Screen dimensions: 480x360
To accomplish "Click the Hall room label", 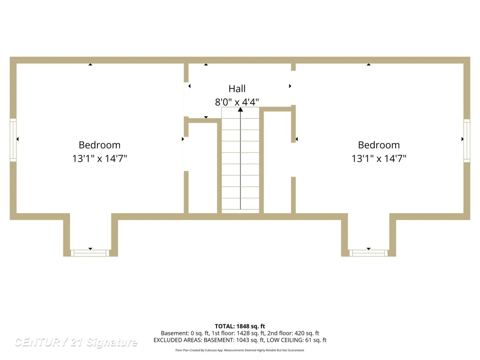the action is pyautogui.click(x=237, y=89).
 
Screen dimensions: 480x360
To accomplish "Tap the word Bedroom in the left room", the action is pyautogui.click(x=99, y=145).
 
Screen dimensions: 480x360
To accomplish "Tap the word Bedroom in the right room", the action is pyautogui.click(x=379, y=145).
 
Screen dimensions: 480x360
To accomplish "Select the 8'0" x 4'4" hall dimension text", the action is pyautogui.click(x=237, y=102).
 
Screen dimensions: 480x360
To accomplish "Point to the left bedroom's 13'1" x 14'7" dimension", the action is pyautogui.click(x=99, y=158).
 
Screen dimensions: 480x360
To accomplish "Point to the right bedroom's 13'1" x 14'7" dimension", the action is pyautogui.click(x=379, y=158).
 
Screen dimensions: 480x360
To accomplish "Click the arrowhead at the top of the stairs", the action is pyautogui.click(x=240, y=109).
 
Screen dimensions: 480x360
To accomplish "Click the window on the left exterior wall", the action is pyautogui.click(x=13, y=140).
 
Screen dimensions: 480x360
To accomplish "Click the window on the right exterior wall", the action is pyautogui.click(x=467, y=141).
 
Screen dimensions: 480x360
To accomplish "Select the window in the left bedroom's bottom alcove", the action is pyautogui.click(x=90, y=253).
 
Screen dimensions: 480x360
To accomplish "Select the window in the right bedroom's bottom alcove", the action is pyautogui.click(x=369, y=253).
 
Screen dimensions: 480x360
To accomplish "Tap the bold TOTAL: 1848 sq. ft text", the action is pyautogui.click(x=240, y=326).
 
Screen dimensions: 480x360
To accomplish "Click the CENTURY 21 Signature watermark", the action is pyautogui.click(x=76, y=342).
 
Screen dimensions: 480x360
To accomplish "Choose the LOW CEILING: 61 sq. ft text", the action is pyautogui.click(x=297, y=340).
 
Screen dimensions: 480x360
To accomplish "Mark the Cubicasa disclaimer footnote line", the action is pyautogui.click(x=240, y=350).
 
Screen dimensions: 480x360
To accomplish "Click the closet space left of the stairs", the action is pyautogui.click(x=203, y=168).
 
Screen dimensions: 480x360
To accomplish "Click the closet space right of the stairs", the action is pyautogui.click(x=277, y=162).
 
